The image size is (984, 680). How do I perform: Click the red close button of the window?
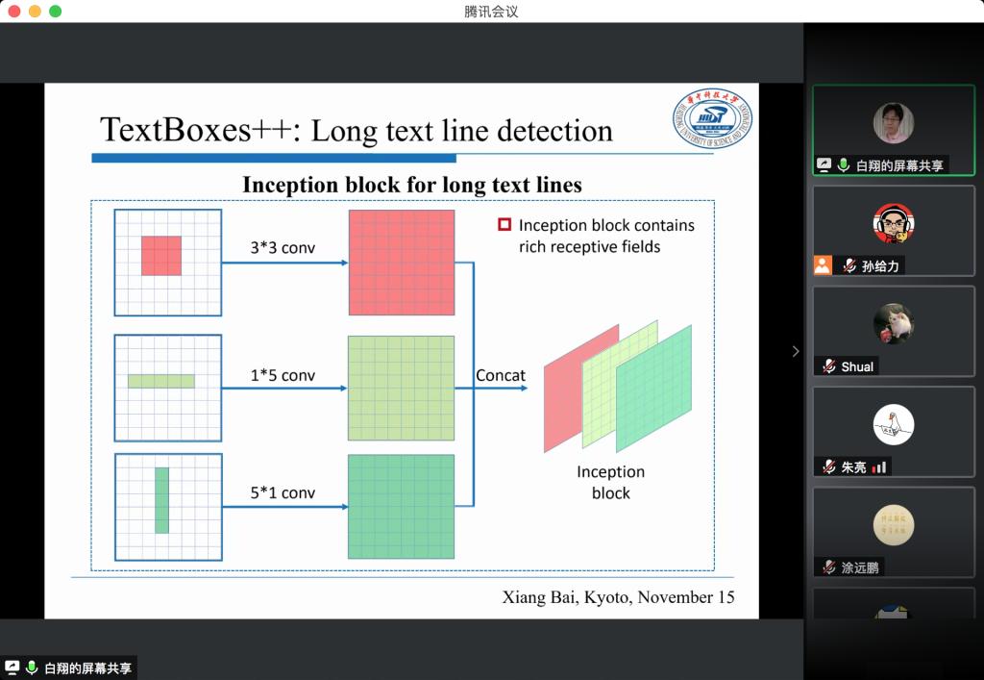pyautogui.click(x=13, y=12)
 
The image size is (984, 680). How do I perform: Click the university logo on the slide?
pyautogui.click(x=712, y=119)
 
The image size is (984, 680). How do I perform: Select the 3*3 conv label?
pyautogui.click(x=283, y=248)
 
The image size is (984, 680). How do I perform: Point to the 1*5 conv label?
pyautogui.click(x=283, y=375)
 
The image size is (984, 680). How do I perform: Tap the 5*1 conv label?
pyautogui.click(x=283, y=493)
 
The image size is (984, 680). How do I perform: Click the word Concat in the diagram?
pyautogui.click(x=501, y=375)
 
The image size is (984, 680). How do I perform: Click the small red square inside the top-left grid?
pyautogui.click(x=161, y=256)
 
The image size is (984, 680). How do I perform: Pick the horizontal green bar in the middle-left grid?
pyautogui.click(x=161, y=381)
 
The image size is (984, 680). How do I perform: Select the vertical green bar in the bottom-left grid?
pyautogui.click(x=161, y=500)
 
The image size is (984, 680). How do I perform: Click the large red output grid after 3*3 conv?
pyautogui.click(x=401, y=262)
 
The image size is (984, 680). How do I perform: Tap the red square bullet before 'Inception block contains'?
pyautogui.click(x=504, y=225)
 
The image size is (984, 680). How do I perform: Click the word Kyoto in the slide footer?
pyautogui.click(x=604, y=597)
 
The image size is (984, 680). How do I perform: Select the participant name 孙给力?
pyautogui.click(x=880, y=266)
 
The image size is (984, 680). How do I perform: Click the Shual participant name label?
pyautogui.click(x=858, y=366)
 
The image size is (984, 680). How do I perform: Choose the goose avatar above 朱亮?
pyautogui.click(x=893, y=425)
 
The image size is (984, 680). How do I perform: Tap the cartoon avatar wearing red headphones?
pyautogui.click(x=893, y=224)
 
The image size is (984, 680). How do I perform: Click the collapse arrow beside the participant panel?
pyautogui.click(x=795, y=351)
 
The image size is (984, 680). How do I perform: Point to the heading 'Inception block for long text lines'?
pyautogui.click(x=411, y=185)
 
